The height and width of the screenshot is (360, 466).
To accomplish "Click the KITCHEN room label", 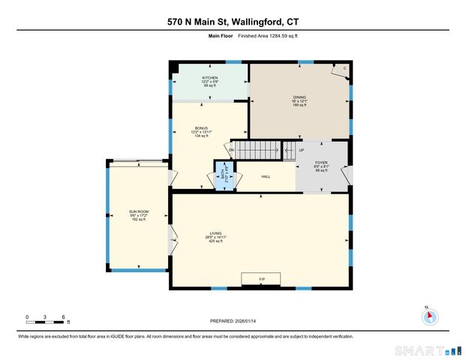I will point(209,77).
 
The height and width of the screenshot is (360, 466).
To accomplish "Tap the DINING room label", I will point(299,97).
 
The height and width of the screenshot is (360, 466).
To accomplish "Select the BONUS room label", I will point(201,128).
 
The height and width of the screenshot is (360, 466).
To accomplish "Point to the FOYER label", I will point(321,162).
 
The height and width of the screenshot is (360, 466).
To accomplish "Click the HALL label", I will point(266,177).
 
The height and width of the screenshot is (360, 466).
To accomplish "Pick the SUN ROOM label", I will point(139,212).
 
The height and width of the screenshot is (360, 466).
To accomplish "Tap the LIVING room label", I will point(216,233).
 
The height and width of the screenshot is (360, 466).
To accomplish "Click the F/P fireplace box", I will point(261,279).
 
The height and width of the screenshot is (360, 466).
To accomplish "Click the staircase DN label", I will point(232,150).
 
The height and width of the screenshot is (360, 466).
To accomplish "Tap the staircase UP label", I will point(302,150).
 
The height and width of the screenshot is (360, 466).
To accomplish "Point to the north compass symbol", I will point(430,316).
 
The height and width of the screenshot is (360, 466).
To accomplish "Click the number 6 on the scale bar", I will point(64,316).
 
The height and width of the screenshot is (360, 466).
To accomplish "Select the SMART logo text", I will point(416,349).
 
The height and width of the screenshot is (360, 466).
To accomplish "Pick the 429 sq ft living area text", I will point(216,242).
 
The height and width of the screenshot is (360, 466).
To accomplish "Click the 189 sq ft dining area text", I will point(299,105).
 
